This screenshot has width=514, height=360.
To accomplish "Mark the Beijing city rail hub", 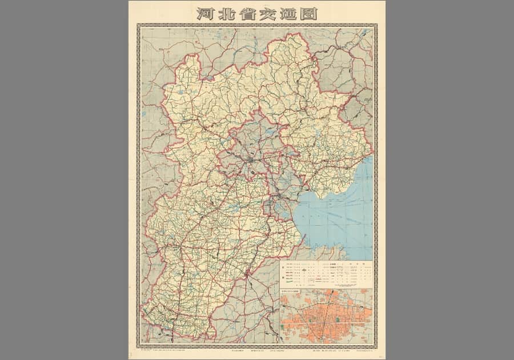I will click(x=250, y=162).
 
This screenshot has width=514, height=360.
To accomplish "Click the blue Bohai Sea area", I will click(x=337, y=217).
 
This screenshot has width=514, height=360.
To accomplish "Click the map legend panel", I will click(x=326, y=274).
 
